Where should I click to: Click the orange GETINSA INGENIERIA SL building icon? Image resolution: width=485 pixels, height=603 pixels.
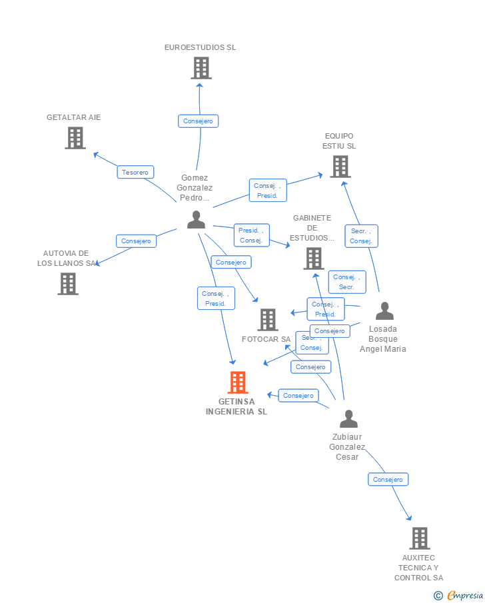238,382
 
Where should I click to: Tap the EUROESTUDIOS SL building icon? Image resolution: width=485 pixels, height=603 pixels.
201,68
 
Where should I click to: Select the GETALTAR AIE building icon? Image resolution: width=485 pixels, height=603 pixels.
75,138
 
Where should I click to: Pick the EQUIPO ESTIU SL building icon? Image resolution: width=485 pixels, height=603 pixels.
340,167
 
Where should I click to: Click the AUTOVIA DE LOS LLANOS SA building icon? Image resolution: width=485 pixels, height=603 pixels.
67,284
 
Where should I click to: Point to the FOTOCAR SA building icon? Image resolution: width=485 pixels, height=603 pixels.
268,320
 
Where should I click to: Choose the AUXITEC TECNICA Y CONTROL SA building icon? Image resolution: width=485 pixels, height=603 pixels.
419,538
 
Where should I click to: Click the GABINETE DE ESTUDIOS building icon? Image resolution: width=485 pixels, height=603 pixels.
313,259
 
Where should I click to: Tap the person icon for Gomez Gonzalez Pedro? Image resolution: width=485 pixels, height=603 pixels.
196,219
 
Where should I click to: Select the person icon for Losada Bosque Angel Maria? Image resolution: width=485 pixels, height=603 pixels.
384,310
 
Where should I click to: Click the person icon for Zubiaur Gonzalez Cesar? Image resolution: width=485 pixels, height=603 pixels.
348,418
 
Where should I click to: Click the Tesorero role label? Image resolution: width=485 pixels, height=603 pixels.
136,172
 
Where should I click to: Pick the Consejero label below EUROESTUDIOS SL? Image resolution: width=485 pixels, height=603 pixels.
199,121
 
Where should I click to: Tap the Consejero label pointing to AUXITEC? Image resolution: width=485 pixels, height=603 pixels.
388,479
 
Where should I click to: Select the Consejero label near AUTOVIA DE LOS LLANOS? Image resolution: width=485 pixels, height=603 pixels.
137,241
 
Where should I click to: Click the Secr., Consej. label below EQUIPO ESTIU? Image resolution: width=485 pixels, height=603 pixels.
361,236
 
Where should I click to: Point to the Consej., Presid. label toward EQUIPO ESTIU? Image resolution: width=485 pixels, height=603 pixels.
268,191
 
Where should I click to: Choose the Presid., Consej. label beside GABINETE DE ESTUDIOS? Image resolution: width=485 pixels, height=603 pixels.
251,235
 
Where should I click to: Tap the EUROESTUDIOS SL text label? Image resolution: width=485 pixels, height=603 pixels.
201,47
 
